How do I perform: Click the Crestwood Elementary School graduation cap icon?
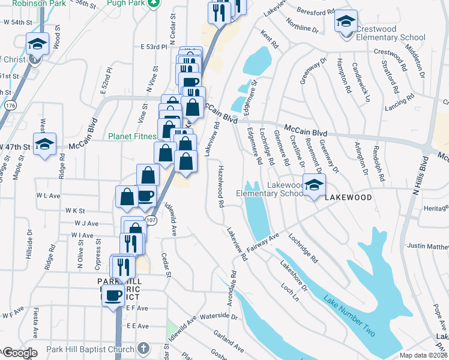[346, 22]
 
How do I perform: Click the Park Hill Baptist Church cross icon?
[143, 348]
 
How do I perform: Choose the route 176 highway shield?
[9, 105]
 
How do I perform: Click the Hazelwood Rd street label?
[220, 188]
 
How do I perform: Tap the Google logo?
[20, 353]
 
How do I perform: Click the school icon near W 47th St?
[44, 143]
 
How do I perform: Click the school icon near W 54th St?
[37, 44]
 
